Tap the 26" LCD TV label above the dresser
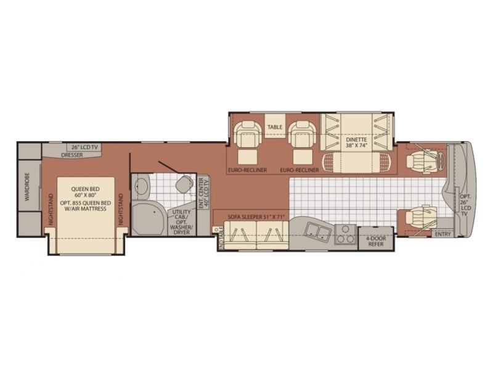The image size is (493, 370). coord(84,148)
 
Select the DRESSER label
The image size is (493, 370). coord(72,155)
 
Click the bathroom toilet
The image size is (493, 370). coord(182,184)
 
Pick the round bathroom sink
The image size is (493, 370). coord(141,185)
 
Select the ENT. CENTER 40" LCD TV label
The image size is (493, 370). coord(203,192)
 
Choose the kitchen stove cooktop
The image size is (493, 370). coord(345,235)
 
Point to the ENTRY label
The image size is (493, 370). coord(442,234)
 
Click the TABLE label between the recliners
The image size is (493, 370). coord(275,128)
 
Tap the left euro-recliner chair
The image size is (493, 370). coord(249,141)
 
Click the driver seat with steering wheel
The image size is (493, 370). coord(422,160)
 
